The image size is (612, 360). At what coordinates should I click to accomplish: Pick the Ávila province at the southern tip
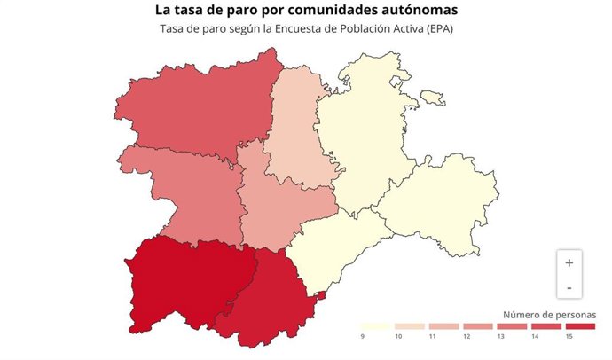[x=266, y=297]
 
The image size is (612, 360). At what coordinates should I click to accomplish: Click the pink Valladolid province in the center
[x=284, y=204]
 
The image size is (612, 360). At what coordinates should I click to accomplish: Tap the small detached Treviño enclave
[x=432, y=97]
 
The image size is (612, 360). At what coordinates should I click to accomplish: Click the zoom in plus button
[x=569, y=262]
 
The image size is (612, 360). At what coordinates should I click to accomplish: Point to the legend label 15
[x=569, y=337]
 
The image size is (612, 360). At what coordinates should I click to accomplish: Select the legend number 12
[x=467, y=337]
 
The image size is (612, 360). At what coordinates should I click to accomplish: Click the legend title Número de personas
[x=549, y=315]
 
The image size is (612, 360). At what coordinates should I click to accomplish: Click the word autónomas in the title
[x=411, y=11]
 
